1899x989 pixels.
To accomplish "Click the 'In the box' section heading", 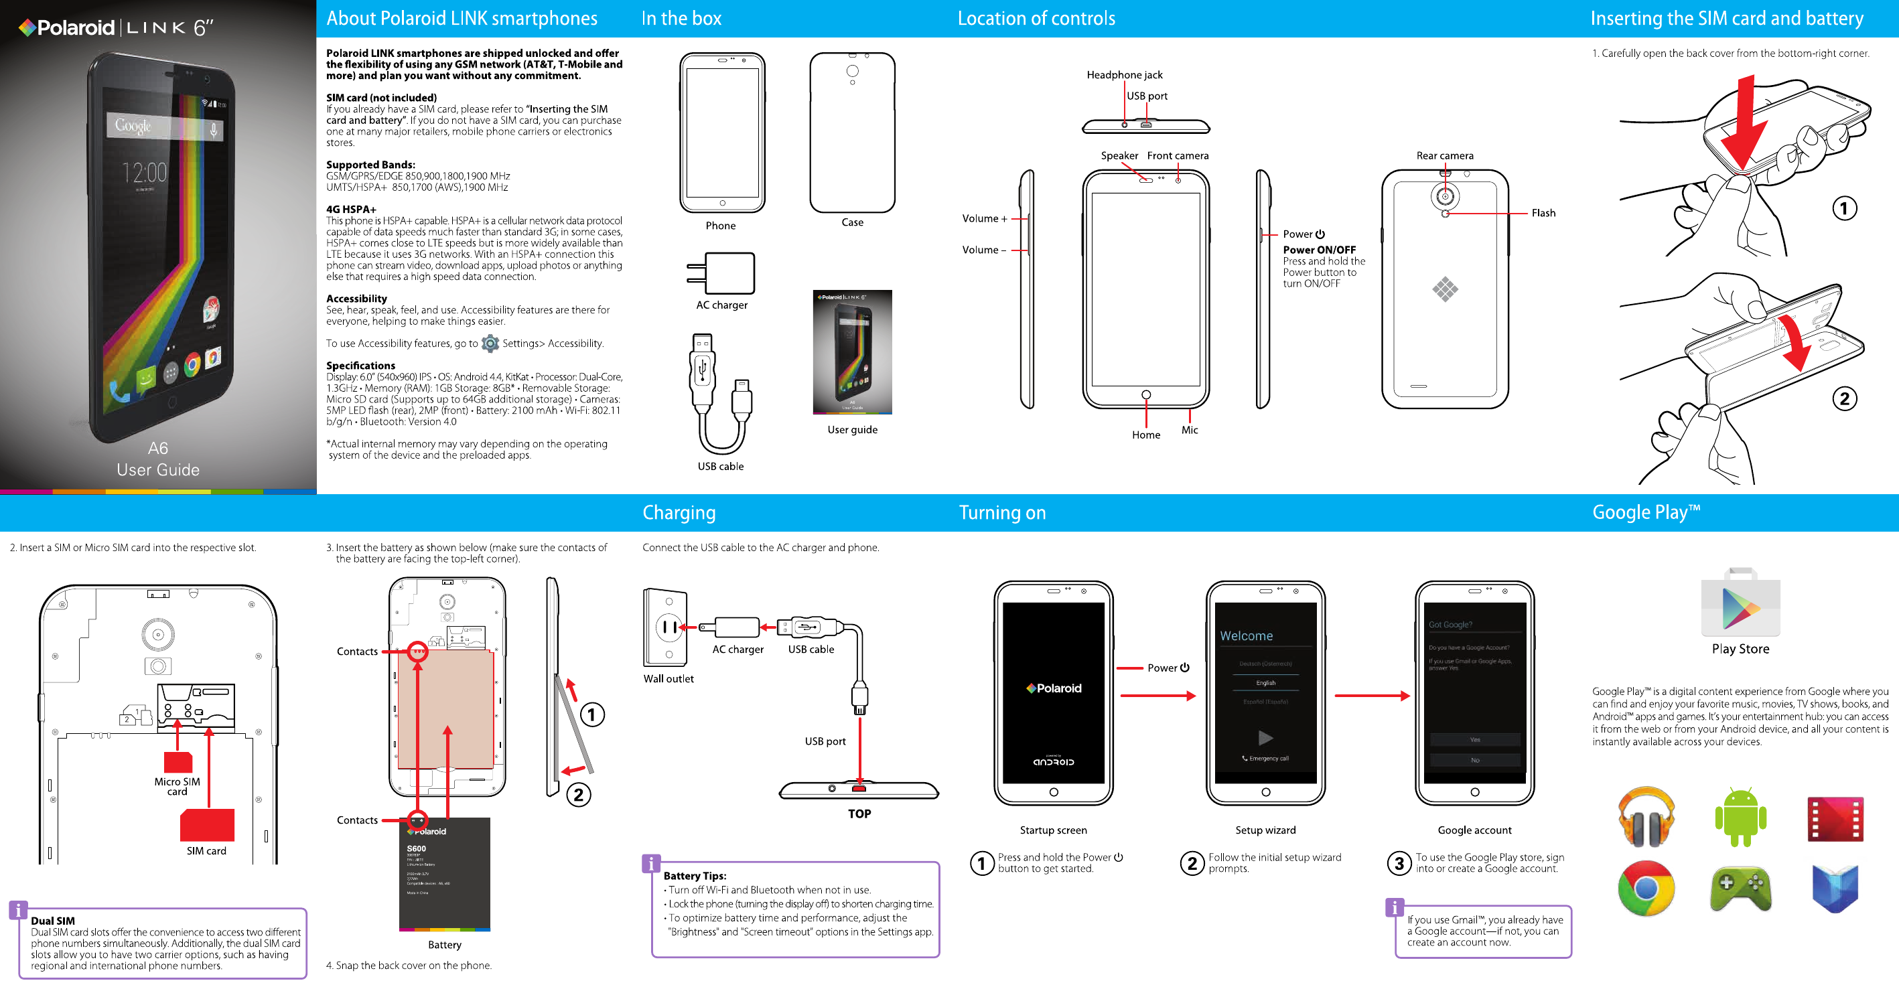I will (x=681, y=19).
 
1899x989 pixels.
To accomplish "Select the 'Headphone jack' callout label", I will (x=1124, y=74).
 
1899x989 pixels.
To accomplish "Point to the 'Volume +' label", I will (x=983, y=218).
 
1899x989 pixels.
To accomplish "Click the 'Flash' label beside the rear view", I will (x=1543, y=213).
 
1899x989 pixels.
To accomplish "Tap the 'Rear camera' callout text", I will (x=1444, y=155).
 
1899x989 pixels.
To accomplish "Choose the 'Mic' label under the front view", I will (x=1189, y=430).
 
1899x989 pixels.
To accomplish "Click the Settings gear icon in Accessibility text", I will (x=490, y=344).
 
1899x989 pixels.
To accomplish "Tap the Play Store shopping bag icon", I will (x=1740, y=603).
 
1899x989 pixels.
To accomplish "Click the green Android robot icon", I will (x=1740, y=816).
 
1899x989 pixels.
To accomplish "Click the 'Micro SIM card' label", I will (x=177, y=786).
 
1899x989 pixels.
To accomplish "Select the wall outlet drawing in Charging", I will (x=666, y=627).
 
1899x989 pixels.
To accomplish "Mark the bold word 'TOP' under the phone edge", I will (x=859, y=814).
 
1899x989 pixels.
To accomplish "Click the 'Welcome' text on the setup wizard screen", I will (x=1246, y=636).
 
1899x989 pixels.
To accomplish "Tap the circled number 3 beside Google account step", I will (x=1399, y=863).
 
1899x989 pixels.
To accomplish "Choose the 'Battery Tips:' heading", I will (x=695, y=876).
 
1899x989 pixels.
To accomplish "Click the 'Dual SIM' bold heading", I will (x=52, y=921).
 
